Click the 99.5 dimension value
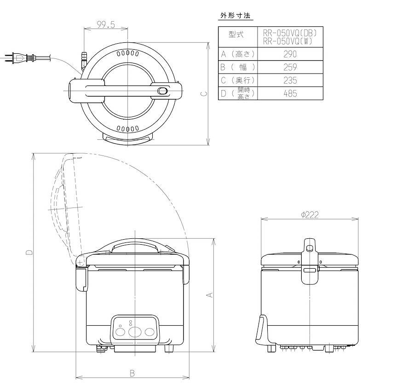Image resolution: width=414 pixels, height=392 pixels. pos(106,24)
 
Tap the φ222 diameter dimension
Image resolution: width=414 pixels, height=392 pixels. pos(310,215)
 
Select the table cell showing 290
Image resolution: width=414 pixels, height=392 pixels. pos(290,54)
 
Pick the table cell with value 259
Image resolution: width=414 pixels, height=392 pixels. pos(290,67)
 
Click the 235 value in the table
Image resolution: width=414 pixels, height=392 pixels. pos(290,81)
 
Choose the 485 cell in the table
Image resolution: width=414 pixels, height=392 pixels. pos(290,93)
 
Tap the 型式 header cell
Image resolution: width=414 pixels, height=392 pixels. pos(236,35)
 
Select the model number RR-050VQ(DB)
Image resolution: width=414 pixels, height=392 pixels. pos(290,33)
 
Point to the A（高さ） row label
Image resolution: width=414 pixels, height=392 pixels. pos(237,54)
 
